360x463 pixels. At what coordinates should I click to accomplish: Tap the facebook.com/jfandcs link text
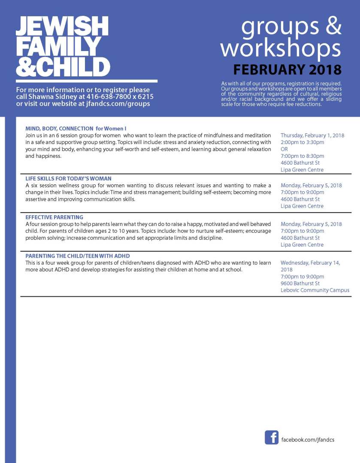[x=307, y=440]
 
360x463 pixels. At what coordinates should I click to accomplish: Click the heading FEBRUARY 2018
[x=287, y=69]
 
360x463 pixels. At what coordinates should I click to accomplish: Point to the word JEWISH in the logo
[x=62, y=27]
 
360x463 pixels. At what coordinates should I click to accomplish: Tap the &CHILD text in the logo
[x=63, y=67]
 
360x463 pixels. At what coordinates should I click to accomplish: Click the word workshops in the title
[x=281, y=48]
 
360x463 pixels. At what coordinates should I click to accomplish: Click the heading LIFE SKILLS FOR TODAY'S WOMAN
[x=68, y=178]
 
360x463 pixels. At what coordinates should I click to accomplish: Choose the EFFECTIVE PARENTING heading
[x=54, y=217]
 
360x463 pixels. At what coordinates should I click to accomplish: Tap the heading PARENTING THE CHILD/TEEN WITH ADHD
[x=77, y=256]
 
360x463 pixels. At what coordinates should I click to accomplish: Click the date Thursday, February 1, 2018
[x=312, y=135]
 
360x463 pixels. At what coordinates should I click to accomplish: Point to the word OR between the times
[x=284, y=149]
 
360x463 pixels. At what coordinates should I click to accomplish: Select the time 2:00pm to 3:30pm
[x=302, y=142]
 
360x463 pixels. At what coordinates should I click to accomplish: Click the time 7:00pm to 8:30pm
[x=302, y=156]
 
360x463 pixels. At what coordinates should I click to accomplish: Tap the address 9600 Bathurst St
[x=300, y=283]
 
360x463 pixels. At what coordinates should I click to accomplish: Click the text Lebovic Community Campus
[x=315, y=290]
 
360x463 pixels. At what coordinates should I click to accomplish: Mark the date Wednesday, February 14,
[x=310, y=263]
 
